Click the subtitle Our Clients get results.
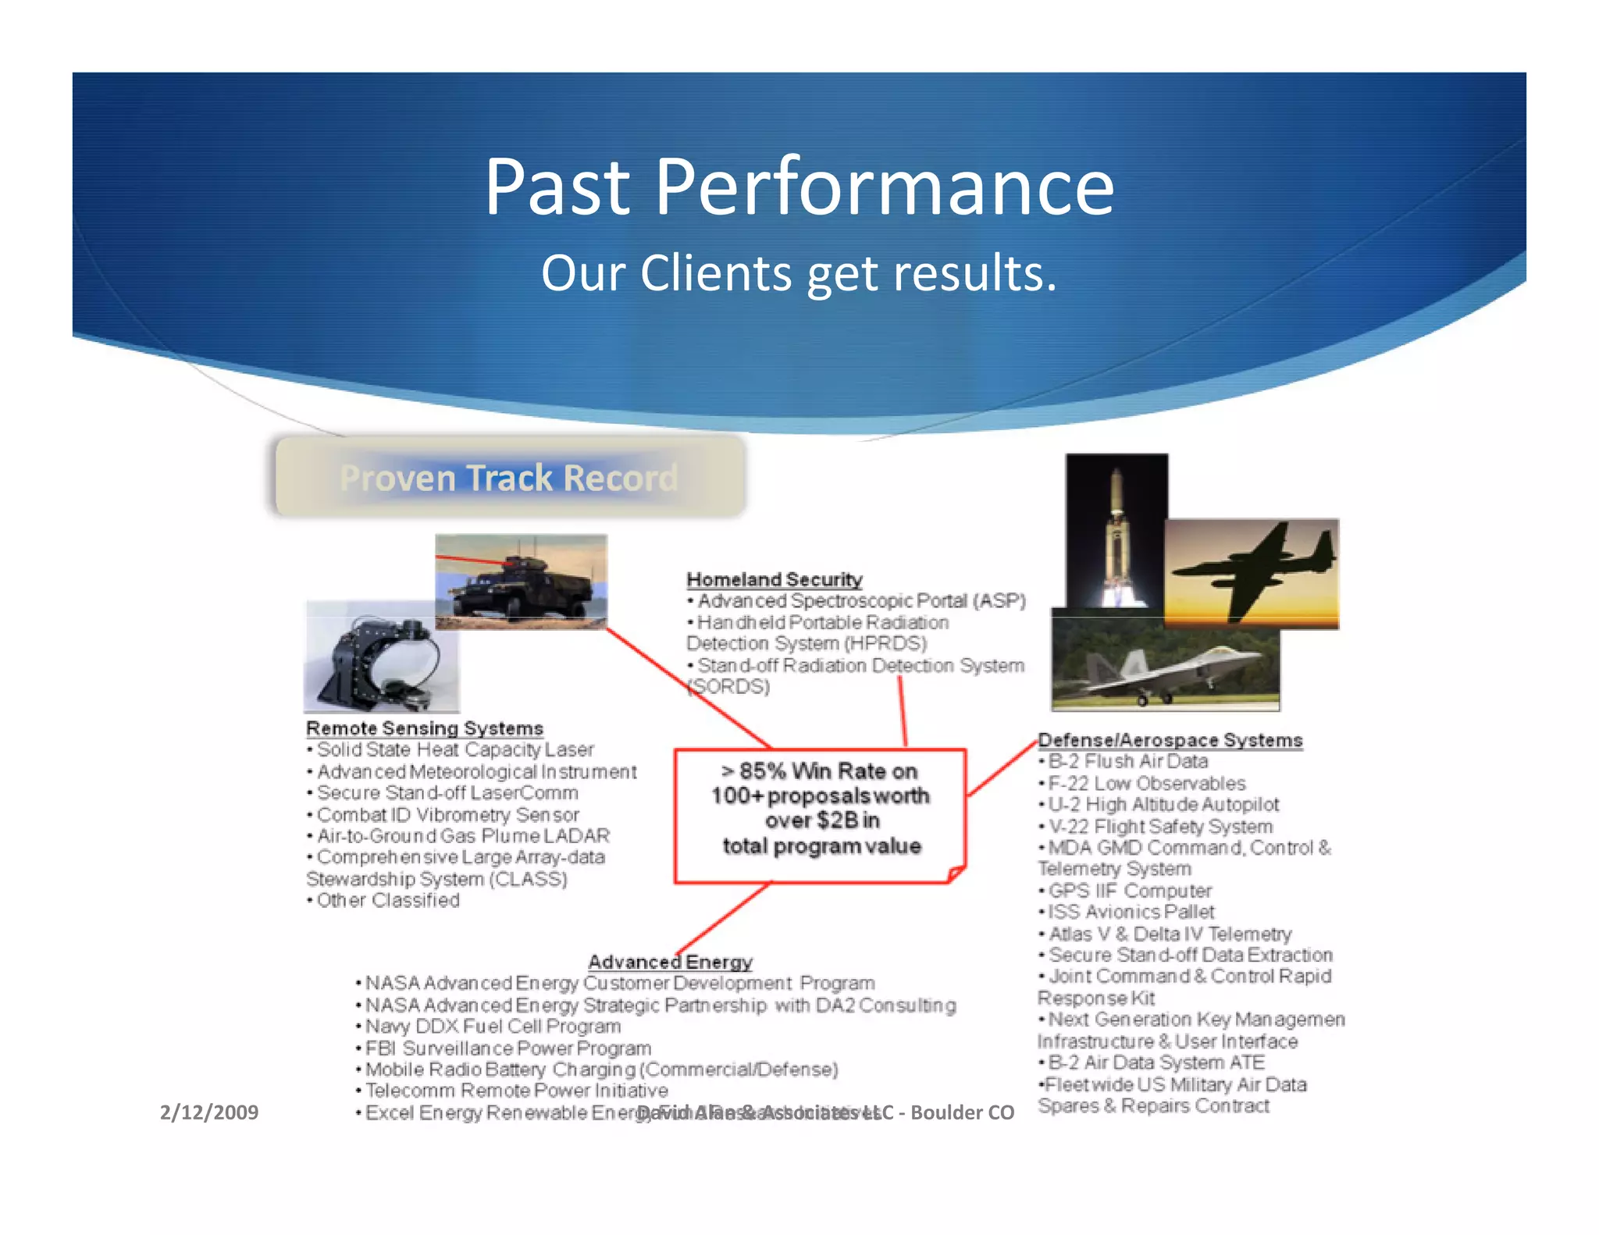[799, 273]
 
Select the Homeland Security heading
[774, 579]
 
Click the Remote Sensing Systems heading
[424, 728]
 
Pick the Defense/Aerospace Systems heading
[1170, 740]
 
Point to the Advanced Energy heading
[670, 962]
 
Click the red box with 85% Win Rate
[821, 816]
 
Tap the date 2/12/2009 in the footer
[208, 1112]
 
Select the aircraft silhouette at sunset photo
[1252, 574]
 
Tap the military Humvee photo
[521, 582]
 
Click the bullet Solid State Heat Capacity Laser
[455, 750]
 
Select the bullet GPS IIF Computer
[1129, 891]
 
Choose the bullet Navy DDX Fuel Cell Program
[493, 1027]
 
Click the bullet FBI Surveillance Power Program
[507, 1048]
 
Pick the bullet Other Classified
[387, 901]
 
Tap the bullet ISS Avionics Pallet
[1131, 912]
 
